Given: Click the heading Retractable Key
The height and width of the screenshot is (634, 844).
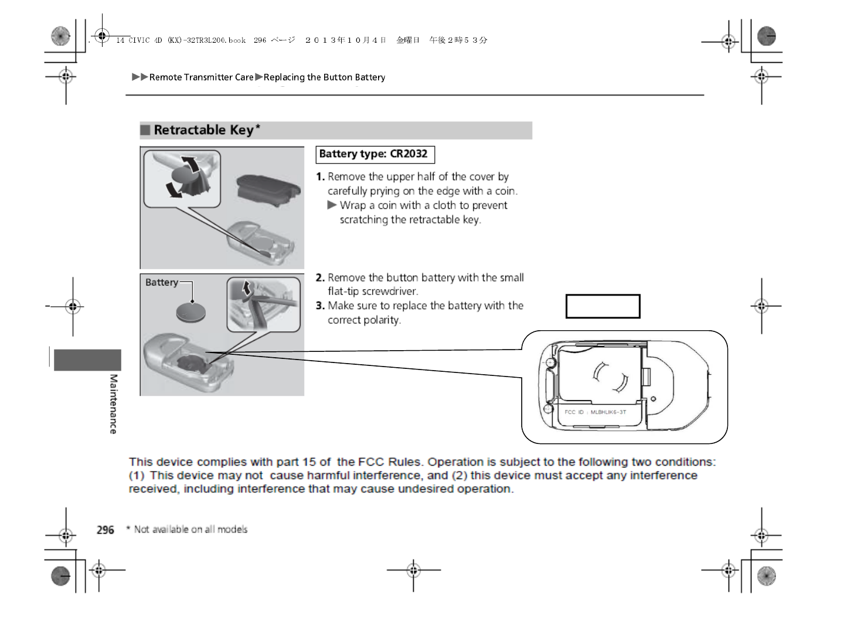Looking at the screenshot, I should pyautogui.click(x=203, y=130).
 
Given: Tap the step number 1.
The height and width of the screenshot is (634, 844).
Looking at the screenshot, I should pyautogui.click(x=320, y=177).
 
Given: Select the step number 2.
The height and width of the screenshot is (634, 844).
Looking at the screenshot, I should pyautogui.click(x=320, y=278).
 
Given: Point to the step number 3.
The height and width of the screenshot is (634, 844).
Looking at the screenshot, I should pyautogui.click(x=320, y=306).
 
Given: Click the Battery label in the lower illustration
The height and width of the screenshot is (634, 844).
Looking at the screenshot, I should pyautogui.click(x=161, y=283).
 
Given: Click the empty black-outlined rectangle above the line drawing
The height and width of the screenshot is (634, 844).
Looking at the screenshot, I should pyautogui.click(x=603, y=307).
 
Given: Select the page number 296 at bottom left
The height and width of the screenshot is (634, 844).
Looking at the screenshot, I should pyautogui.click(x=105, y=530).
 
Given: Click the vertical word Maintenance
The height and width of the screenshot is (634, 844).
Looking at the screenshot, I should pyautogui.click(x=113, y=404).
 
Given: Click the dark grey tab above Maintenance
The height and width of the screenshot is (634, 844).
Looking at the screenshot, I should pyautogui.click(x=87, y=360).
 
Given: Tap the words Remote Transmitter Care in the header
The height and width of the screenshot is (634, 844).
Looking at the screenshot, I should pyautogui.click(x=201, y=77).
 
